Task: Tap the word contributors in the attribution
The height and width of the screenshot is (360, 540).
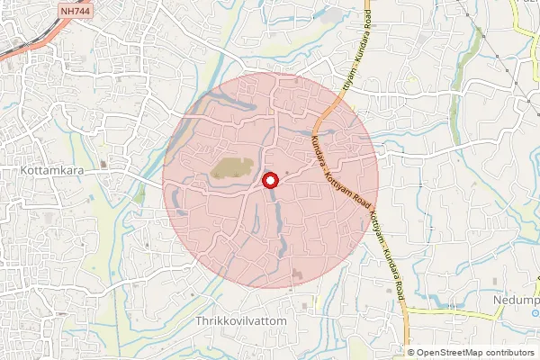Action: pyautogui.click(x=509, y=353)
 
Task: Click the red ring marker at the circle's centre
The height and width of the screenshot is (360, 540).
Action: pyautogui.click(x=269, y=182)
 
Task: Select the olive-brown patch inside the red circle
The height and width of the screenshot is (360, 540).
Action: pyautogui.click(x=231, y=167)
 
